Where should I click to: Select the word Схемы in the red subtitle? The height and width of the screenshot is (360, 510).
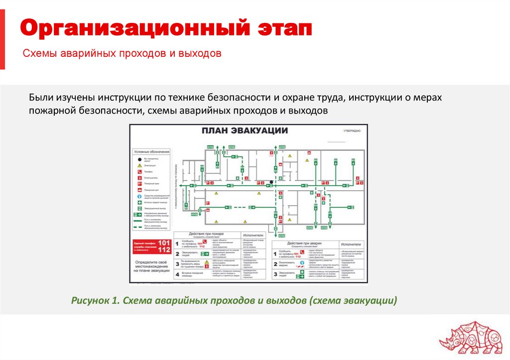click(41, 53)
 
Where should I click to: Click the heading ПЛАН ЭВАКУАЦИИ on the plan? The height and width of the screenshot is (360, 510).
click(245, 130)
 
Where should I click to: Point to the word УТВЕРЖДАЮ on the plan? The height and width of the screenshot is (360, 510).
click(351, 130)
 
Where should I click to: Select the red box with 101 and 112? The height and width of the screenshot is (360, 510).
click(152, 246)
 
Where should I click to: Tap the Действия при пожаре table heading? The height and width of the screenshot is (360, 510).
click(206, 234)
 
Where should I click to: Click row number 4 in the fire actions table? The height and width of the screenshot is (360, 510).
click(177, 274)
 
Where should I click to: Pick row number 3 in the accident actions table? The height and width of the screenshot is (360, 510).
click(275, 274)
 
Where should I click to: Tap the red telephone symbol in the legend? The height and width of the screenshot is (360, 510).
click(140, 171)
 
